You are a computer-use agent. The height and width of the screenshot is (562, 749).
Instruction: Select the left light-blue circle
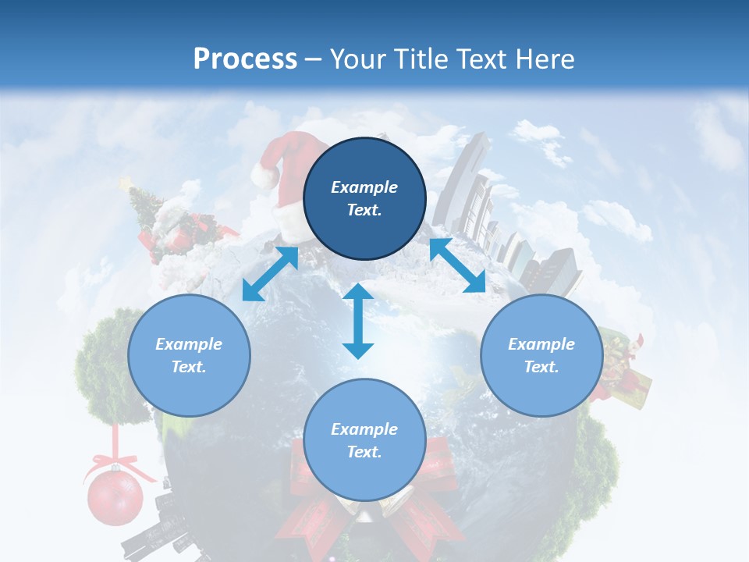[x=189, y=355]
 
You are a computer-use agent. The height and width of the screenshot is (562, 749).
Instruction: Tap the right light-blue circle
[x=541, y=355]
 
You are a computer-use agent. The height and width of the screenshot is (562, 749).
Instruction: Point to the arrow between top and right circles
[x=457, y=265]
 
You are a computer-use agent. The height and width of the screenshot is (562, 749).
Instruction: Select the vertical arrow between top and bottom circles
[x=358, y=321]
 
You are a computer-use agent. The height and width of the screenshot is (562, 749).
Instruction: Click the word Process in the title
[x=245, y=59]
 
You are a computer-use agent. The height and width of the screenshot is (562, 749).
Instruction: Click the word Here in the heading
[x=546, y=59]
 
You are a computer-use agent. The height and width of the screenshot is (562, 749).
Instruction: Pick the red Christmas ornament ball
[x=115, y=496]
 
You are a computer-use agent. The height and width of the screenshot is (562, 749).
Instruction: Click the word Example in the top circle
[x=364, y=187]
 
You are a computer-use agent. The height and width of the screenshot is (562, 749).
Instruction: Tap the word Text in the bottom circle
[x=364, y=452]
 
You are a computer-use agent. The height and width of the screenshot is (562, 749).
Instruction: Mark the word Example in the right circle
[x=541, y=344]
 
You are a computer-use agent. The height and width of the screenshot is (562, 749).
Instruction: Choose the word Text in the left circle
[x=189, y=367]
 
